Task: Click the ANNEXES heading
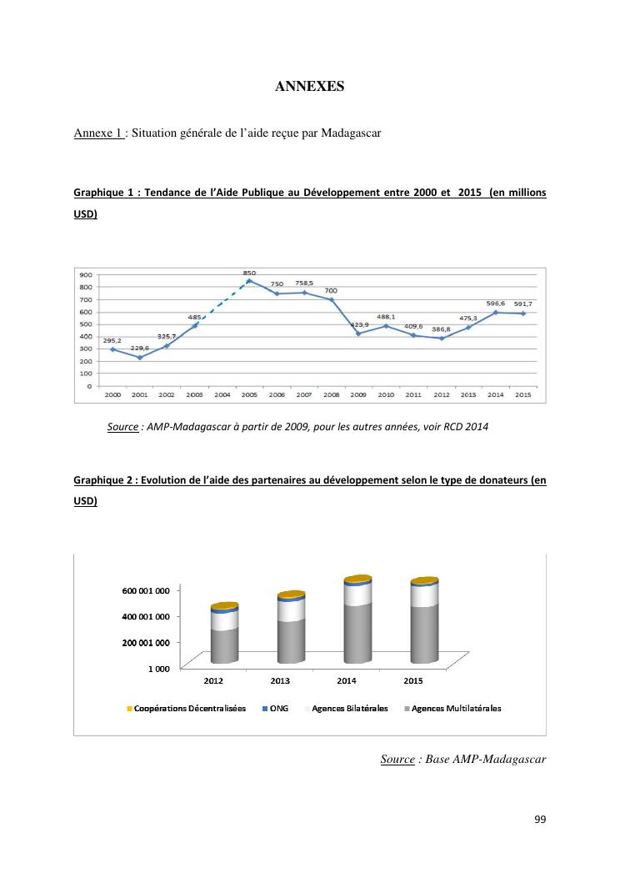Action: (309, 86)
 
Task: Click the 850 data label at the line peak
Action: (249, 273)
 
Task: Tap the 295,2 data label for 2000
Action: (112, 340)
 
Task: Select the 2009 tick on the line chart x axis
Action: (358, 394)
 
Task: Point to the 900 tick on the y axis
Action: (86, 274)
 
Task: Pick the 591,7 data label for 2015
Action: (523, 304)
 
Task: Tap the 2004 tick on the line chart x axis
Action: (222, 394)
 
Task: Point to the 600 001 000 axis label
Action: (146, 590)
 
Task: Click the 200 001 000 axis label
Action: (146, 642)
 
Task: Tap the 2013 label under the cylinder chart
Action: (280, 681)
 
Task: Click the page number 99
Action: (540, 820)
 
